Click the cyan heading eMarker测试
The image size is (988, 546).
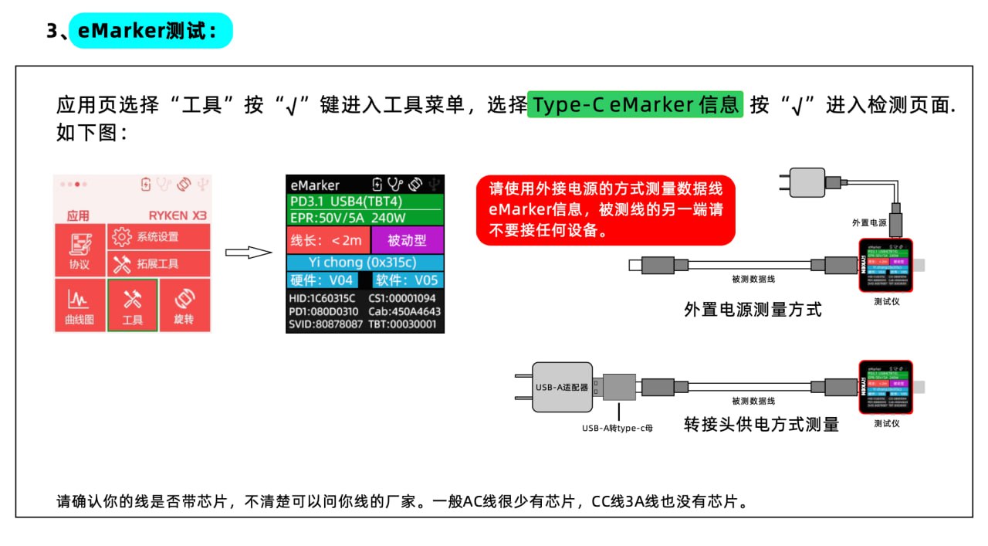coord(151,31)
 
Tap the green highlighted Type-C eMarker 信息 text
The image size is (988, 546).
coord(635,104)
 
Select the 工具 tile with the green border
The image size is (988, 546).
coord(133,306)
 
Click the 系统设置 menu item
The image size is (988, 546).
coord(158,236)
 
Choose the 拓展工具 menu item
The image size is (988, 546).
coord(158,264)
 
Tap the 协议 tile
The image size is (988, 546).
coord(80,251)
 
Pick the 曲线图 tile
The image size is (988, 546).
coord(80,306)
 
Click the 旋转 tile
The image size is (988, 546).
coord(184,306)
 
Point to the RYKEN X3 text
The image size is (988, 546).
coord(178,215)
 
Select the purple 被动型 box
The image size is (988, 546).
coord(407,240)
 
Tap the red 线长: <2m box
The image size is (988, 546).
coord(327,240)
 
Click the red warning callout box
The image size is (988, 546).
coord(605,209)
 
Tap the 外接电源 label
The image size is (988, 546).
coord(869,222)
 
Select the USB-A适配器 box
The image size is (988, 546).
coord(563,387)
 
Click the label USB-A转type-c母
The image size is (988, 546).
coord(617,427)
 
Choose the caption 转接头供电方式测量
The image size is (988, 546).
coord(761,424)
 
